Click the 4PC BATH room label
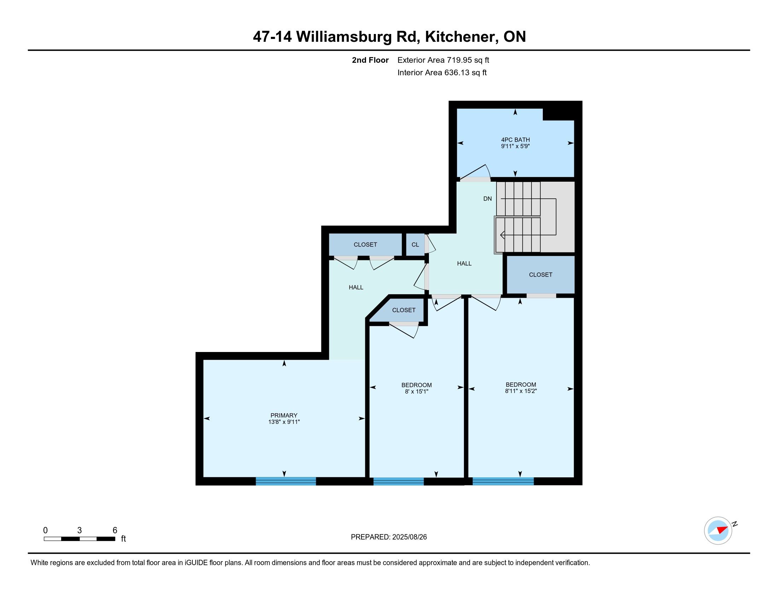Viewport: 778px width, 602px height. coord(515,140)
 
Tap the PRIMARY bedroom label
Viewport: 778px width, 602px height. coord(284,415)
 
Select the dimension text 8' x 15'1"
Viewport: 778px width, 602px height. coord(417,392)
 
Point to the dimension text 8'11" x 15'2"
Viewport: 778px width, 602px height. coord(521,391)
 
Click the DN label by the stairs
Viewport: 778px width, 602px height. coord(487,199)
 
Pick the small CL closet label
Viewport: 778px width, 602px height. coord(416,245)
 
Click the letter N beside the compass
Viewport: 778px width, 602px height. coord(735,524)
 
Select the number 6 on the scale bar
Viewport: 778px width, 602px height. coord(115,530)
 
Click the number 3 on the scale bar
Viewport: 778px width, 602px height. coord(80,530)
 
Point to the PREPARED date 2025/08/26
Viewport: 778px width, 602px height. coord(409,537)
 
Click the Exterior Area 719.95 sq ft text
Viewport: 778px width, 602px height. coord(443,60)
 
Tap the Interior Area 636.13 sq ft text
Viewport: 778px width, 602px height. coord(442,73)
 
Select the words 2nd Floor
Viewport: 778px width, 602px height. coord(370,60)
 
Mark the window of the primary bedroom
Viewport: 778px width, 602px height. coord(286,482)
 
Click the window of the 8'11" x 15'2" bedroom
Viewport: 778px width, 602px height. coord(503,482)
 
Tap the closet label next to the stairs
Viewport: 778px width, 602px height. coord(540,274)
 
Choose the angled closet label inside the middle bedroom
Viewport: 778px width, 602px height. coord(403,310)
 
